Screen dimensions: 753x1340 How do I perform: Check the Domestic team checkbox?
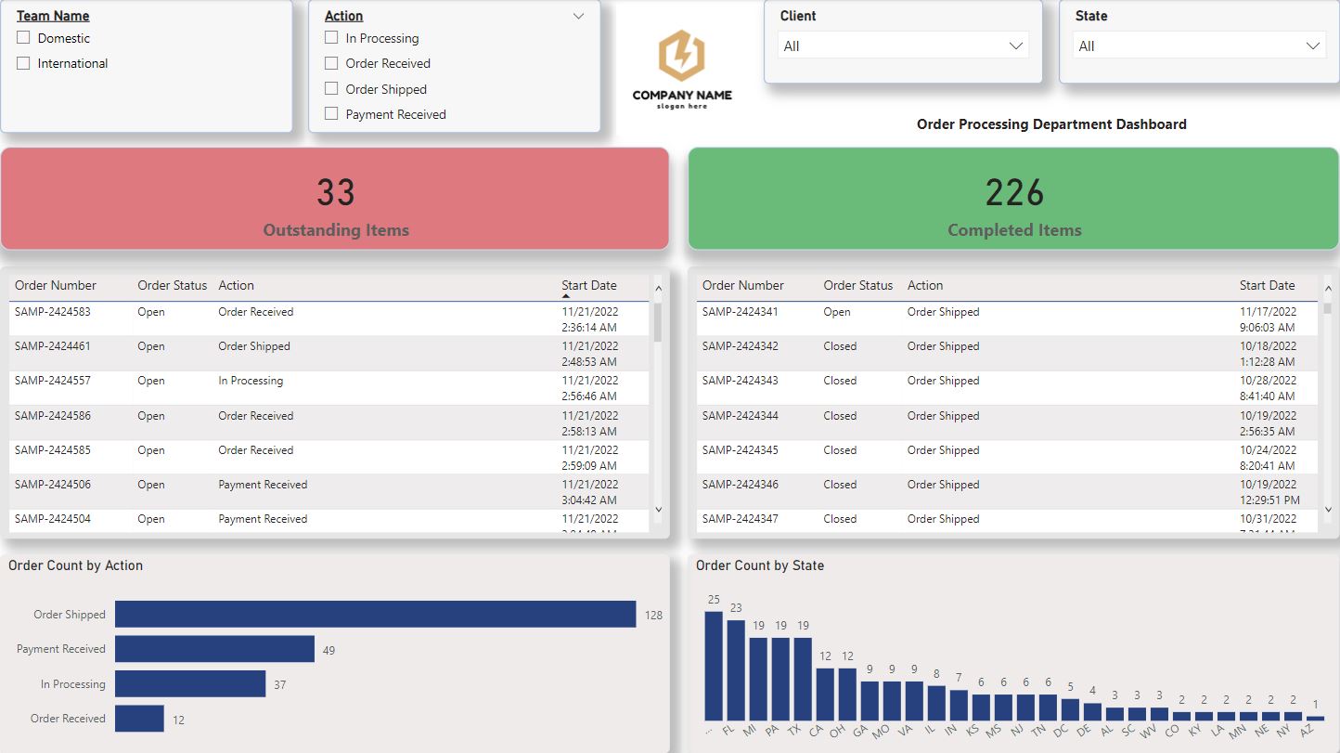tap(23, 38)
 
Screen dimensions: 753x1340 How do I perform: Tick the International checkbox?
tap(23, 63)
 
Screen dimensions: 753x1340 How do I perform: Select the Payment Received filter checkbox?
tap(331, 114)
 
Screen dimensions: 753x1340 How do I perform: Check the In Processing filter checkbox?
tap(331, 38)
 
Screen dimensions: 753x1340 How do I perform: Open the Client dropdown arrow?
tap(1015, 45)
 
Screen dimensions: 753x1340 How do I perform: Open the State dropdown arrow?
tap(1313, 45)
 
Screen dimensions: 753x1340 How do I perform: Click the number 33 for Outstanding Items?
tap(335, 193)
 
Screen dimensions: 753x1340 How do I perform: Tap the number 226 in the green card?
tap(1014, 193)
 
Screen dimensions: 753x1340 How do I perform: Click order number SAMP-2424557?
tap(53, 381)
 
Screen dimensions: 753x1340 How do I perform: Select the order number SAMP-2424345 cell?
tap(741, 450)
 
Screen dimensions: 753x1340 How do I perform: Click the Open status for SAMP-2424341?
tap(836, 312)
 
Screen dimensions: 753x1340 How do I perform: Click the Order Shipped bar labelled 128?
tap(375, 614)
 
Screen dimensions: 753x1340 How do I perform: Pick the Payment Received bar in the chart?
tap(214, 649)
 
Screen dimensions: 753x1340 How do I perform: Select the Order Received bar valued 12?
tap(139, 719)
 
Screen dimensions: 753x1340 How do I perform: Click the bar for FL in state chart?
tap(736, 669)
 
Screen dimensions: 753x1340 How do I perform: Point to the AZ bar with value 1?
tap(1315, 718)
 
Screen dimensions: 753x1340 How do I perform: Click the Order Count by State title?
tap(759, 565)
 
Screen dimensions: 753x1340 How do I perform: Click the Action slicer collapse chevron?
tap(579, 16)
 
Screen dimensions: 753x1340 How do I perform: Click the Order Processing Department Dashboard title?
tap(1050, 124)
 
